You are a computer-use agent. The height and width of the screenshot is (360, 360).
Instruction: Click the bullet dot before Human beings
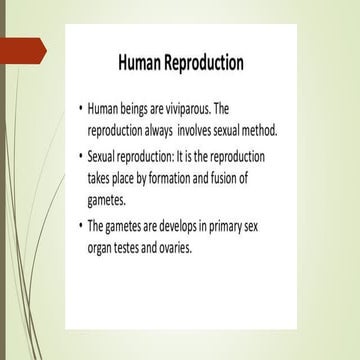point(80,107)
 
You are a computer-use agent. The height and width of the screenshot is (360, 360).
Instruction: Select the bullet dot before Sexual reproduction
point(80,158)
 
